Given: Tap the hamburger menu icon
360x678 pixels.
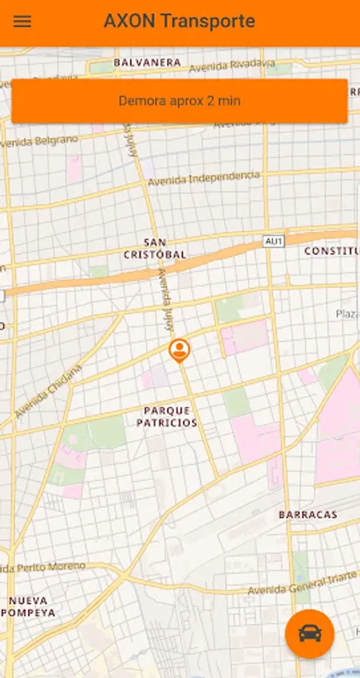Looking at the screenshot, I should (x=23, y=21).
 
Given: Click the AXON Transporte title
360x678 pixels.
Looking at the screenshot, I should (x=179, y=21).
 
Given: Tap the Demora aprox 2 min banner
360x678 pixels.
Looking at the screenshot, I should (x=179, y=101).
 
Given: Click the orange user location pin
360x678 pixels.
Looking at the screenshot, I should (x=179, y=350).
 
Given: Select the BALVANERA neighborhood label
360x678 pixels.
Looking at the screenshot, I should (x=147, y=63).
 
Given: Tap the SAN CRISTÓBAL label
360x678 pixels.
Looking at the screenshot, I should (x=154, y=249).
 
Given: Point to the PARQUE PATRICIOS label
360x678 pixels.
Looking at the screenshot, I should (x=166, y=417).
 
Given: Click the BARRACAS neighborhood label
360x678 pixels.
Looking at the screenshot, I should (x=307, y=515).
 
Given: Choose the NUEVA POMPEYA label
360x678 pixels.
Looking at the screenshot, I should (x=32, y=606).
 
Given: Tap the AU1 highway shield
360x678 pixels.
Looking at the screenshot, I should (x=273, y=241).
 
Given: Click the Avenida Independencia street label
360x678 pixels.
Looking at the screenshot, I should (x=203, y=179).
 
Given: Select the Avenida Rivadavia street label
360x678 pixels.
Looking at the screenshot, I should (x=231, y=65).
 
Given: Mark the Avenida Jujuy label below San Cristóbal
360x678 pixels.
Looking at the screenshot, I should (x=166, y=299).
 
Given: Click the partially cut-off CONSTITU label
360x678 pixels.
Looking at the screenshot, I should (x=331, y=251).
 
